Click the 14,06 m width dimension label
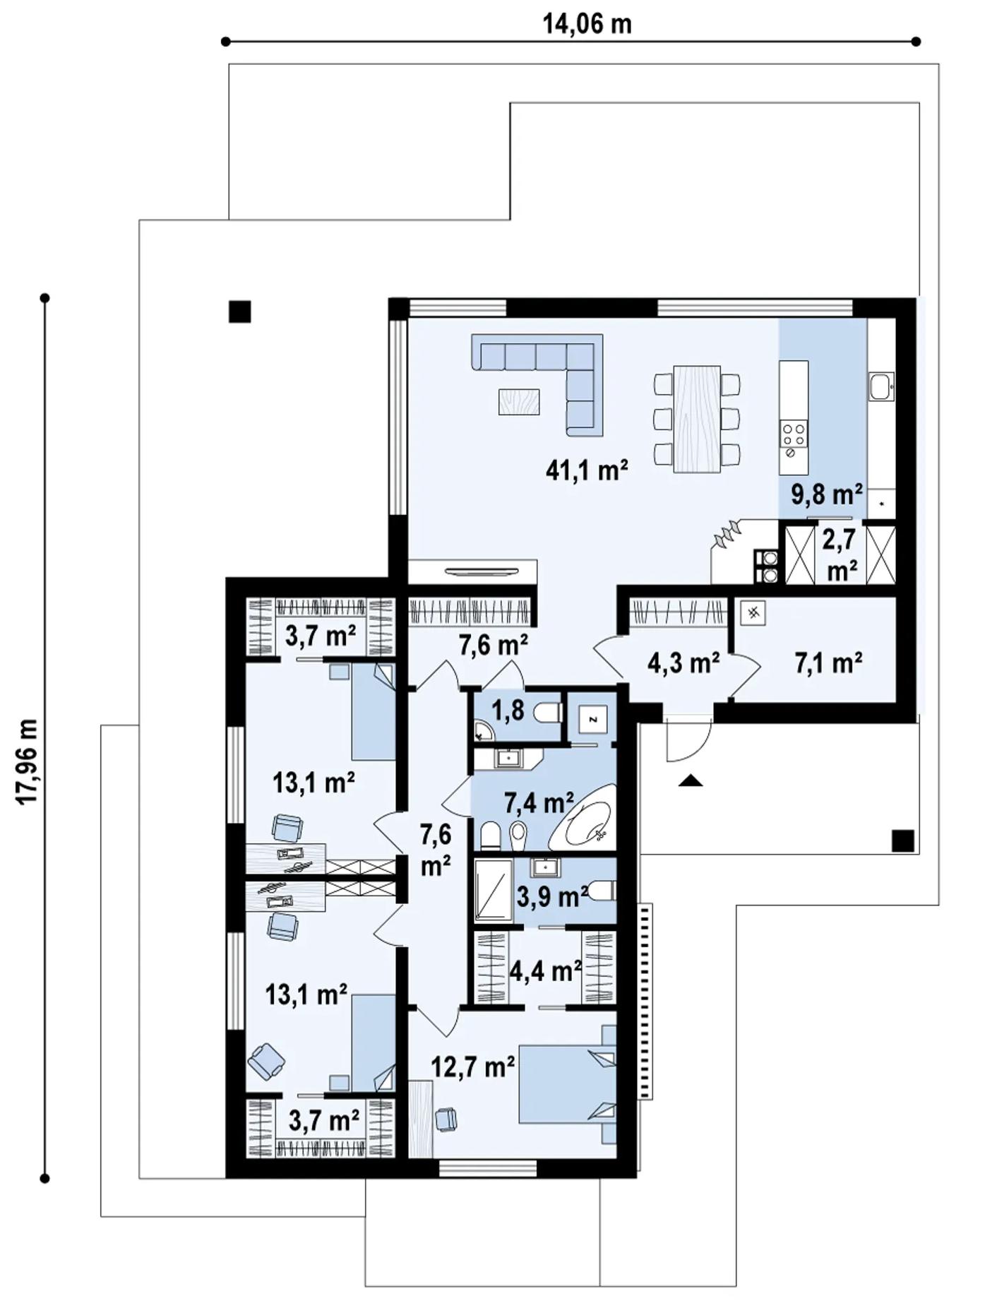pos(587,24)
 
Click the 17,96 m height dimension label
pos(28,761)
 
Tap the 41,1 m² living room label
pos(587,470)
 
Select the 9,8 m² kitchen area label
pos(826,494)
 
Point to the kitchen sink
pos(881,386)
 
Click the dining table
pos(696,418)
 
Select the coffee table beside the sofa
pos(519,402)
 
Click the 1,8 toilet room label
pos(508,711)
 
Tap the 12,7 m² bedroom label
pos(472,1067)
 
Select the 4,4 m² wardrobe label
pos(545,971)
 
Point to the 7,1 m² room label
pos(828,663)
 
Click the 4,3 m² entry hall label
pos(683,663)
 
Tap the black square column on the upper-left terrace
pos(240,311)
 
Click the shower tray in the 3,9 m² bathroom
pos(494,891)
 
